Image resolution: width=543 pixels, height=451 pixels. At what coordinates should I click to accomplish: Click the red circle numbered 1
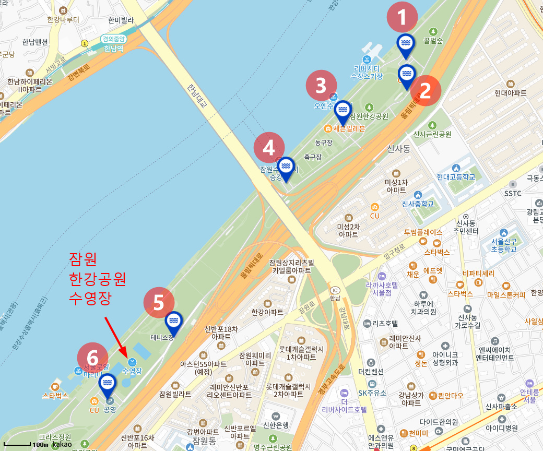coord(402,18)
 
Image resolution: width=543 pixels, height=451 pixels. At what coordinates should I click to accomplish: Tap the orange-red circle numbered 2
coord(426,91)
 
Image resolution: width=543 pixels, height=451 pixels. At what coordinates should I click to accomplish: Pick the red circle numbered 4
coord(269,148)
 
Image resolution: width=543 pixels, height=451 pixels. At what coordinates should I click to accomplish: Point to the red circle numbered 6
coord(92,358)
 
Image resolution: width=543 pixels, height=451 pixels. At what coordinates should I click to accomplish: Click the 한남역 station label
coord(113,49)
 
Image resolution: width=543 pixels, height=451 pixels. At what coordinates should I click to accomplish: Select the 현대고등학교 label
coord(456,177)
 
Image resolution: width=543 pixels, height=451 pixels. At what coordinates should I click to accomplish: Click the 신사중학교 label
coord(418,204)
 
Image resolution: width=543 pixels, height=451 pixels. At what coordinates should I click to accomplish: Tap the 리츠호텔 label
coord(385,323)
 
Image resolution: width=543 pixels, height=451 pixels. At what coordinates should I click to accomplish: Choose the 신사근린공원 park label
coord(432,134)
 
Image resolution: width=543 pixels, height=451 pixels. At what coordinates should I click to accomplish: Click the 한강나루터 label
coord(63,20)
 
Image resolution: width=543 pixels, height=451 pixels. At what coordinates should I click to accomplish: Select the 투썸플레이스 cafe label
coord(423,232)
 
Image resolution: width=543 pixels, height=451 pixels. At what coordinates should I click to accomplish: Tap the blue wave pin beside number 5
coord(174,323)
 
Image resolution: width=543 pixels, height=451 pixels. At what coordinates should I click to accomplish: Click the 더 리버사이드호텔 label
coord(344,405)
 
